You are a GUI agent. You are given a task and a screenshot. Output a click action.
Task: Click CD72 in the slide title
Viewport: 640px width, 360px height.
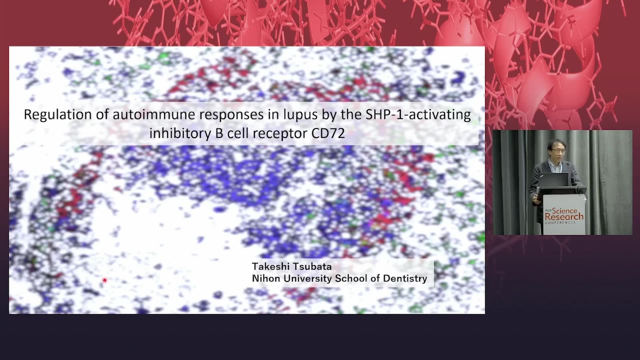pyautogui.click(x=328, y=133)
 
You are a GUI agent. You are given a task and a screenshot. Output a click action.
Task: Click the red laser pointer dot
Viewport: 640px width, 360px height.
pyautogui.click(x=105, y=280)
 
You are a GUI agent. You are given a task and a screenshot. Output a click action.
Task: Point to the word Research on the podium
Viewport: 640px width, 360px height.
pyautogui.click(x=564, y=217)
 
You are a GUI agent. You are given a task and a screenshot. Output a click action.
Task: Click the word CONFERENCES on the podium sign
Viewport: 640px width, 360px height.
pyautogui.click(x=560, y=222)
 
